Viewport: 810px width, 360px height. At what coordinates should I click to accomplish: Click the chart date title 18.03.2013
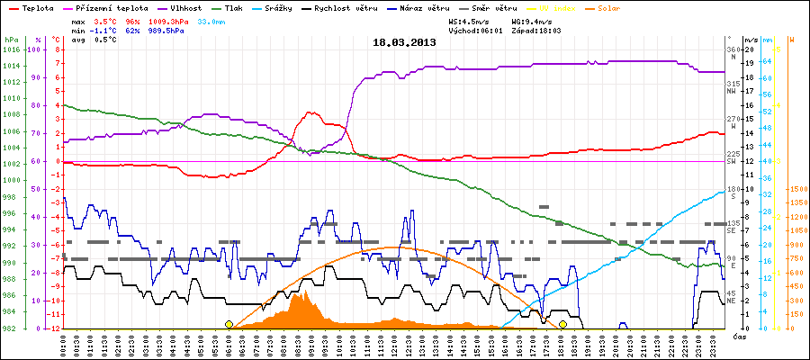click(405, 42)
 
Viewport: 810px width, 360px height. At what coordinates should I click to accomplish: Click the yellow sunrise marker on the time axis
click(229, 324)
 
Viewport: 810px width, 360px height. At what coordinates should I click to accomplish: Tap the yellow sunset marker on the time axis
click(562, 324)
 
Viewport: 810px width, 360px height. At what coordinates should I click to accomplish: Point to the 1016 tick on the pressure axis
click(11, 49)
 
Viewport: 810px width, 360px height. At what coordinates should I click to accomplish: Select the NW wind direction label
click(732, 91)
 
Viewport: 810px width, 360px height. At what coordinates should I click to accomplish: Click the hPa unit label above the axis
click(11, 40)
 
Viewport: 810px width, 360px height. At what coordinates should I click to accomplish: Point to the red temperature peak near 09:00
click(310, 112)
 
